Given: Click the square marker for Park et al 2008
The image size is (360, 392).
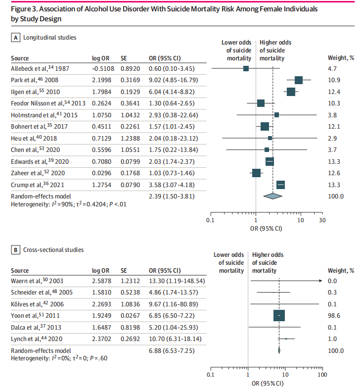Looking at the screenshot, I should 298,80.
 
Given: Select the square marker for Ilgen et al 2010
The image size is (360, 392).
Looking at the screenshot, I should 291,92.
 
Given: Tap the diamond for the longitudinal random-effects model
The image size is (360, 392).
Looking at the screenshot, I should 272,196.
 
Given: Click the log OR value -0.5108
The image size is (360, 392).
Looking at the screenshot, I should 103,68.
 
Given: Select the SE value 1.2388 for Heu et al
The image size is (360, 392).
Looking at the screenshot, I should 131,138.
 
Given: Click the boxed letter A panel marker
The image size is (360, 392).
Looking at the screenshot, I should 16,38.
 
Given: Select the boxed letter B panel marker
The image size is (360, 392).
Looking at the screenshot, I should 16,250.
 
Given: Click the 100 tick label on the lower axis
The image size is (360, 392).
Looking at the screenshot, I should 322,375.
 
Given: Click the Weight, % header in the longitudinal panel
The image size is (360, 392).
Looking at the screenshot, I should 341,58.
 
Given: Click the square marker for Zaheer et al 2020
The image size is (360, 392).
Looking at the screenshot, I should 256,173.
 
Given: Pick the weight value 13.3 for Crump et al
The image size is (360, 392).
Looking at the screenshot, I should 334,185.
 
